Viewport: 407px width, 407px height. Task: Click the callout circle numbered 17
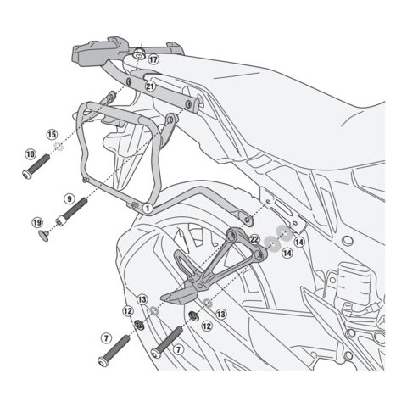(153, 60)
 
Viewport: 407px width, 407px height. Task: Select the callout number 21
(150, 84)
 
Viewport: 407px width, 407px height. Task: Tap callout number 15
(52, 134)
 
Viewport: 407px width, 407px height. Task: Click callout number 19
(37, 222)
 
